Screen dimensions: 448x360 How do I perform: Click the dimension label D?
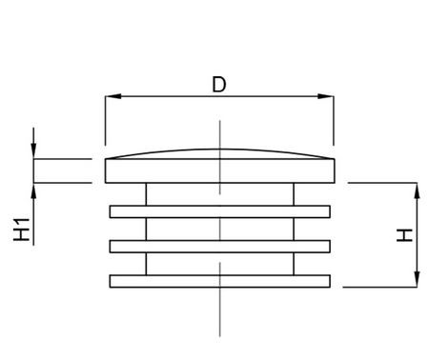point(219,84)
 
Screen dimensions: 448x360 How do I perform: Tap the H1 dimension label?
point(22,230)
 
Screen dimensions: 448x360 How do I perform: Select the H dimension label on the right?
point(404,235)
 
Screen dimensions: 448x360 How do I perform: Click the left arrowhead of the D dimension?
point(113,96)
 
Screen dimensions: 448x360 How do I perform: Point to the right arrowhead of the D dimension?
point(326,96)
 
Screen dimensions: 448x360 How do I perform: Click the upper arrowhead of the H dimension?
point(417,190)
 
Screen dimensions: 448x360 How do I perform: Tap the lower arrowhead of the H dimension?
point(417,279)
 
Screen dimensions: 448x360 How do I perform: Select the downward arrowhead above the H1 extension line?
point(33,150)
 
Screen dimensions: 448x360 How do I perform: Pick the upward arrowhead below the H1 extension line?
point(33,191)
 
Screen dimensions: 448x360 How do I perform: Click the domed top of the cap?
point(219,150)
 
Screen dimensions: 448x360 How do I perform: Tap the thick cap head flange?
point(219,170)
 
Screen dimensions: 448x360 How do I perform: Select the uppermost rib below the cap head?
point(219,211)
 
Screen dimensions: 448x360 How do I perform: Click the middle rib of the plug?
point(219,247)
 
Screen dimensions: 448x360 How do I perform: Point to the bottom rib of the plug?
point(219,281)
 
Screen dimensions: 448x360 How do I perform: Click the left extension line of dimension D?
point(105,120)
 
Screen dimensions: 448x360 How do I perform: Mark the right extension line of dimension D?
point(334,120)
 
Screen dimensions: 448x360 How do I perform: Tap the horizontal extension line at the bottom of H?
point(380,287)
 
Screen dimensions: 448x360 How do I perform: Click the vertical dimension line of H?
point(417,235)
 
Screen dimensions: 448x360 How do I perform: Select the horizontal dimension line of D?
point(219,96)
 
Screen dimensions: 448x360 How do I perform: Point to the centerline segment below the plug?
point(219,312)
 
